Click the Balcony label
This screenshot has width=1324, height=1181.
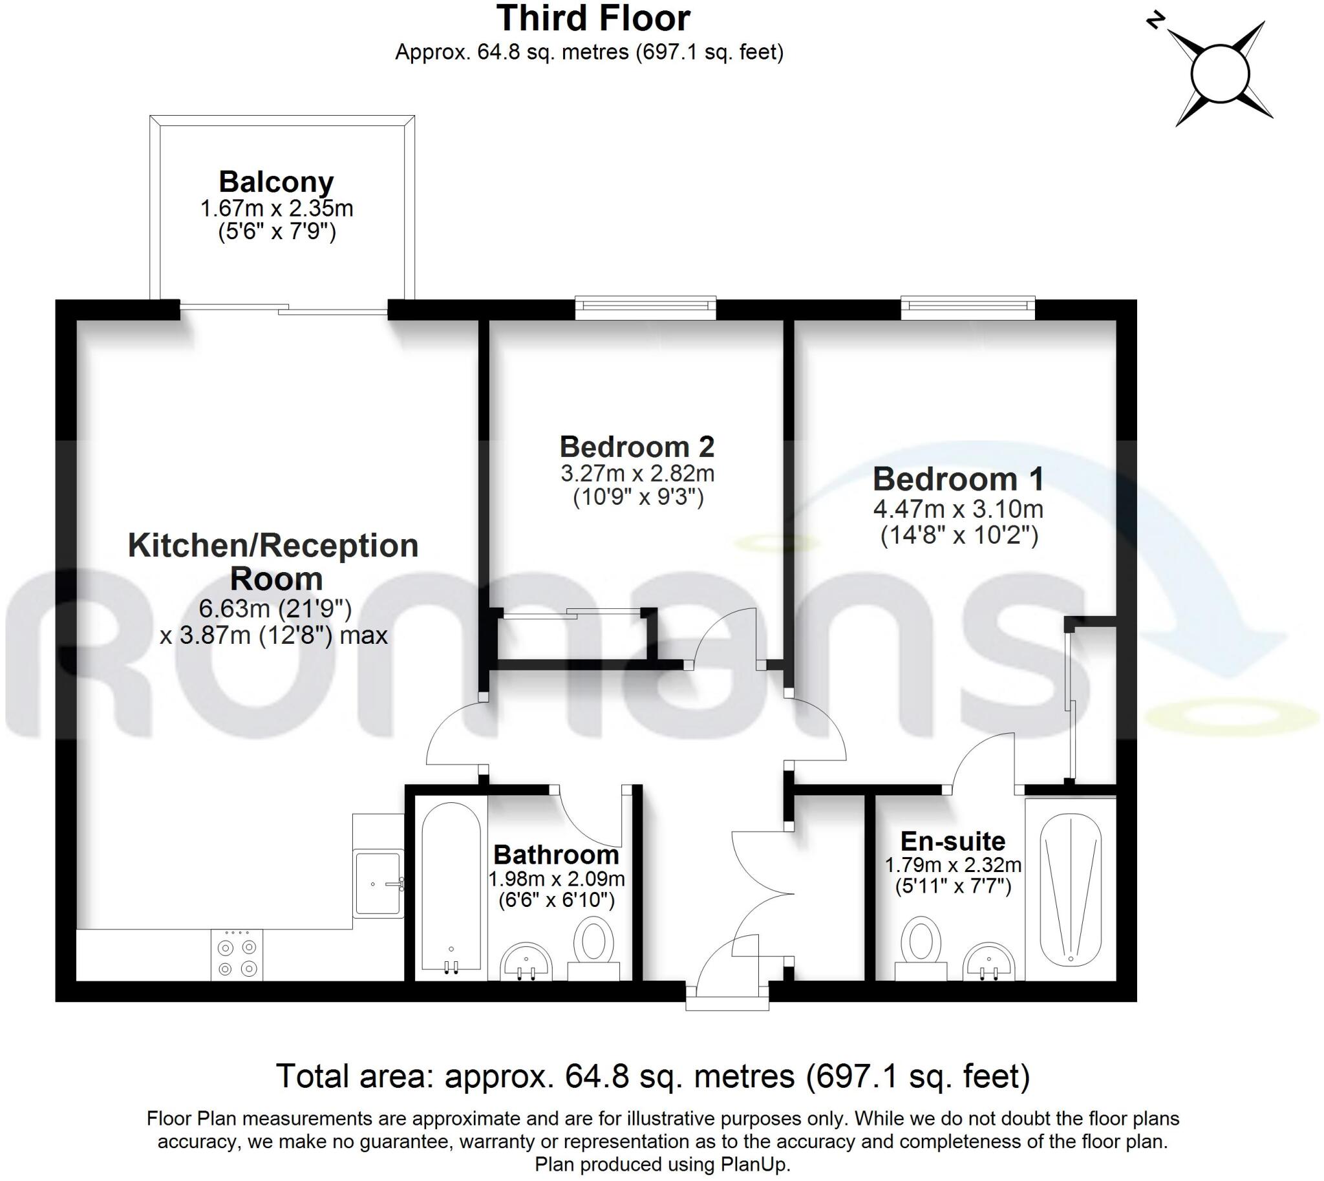pos(276,182)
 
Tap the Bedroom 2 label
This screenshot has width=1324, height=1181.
pos(637,447)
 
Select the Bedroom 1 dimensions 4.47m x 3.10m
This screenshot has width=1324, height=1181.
pos(958,509)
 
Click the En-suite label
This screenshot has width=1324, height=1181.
pos(953,841)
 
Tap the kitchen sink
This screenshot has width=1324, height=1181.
pos(378,882)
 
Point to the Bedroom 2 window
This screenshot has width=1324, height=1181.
pos(646,308)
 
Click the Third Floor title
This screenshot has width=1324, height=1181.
pos(593,18)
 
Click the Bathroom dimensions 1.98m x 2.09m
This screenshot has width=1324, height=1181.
pos(556,880)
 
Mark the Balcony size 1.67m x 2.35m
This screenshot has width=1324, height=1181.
pos(277,209)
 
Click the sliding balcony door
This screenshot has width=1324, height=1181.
pos(284,309)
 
